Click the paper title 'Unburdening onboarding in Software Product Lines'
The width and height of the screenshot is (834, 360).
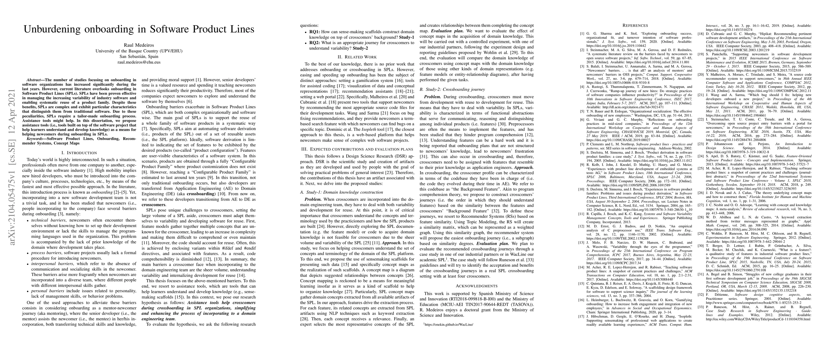point(139,29)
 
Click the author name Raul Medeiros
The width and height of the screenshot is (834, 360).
point(139,45)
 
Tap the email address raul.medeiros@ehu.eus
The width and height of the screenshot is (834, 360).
point(139,62)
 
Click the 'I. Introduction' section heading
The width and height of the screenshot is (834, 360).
point(79,152)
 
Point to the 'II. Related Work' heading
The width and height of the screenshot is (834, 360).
point(357,57)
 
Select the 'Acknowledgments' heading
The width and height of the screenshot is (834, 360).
point(477,286)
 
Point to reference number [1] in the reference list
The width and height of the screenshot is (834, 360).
point(582,33)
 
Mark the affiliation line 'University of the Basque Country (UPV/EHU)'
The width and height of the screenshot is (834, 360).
point(139,51)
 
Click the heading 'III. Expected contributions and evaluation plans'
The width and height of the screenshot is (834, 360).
point(357,149)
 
